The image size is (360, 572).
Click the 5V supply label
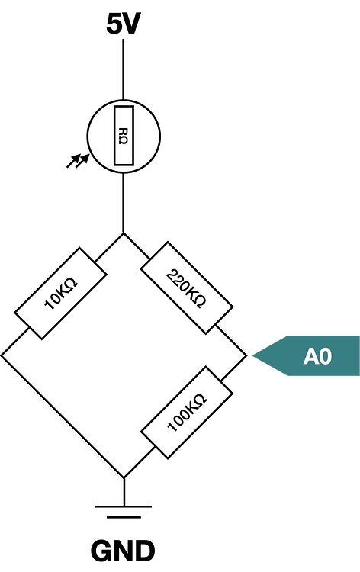tap(124, 24)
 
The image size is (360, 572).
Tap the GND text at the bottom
tap(123, 551)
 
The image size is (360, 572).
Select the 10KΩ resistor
tap(60, 294)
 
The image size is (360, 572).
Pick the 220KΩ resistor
tap(187, 288)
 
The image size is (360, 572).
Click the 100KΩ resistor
tap(187, 413)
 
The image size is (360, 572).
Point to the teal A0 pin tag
tap(306, 355)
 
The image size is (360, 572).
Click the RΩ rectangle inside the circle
tap(124, 136)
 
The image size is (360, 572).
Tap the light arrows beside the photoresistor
tap(78, 160)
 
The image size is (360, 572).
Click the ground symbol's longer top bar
tap(124, 506)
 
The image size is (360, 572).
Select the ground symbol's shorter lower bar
tap(124, 517)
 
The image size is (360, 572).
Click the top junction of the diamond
tap(124, 233)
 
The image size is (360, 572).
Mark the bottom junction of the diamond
tap(124, 477)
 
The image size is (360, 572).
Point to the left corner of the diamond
tap(2, 355)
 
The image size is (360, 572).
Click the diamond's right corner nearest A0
tap(246, 355)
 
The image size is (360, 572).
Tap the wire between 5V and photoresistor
tap(124, 69)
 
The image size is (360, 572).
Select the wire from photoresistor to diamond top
tap(124, 203)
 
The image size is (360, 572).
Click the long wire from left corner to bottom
tap(63, 416)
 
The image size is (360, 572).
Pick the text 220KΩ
tap(186, 288)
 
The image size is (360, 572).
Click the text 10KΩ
tap(61, 294)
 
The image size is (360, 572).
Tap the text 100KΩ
tap(187, 413)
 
